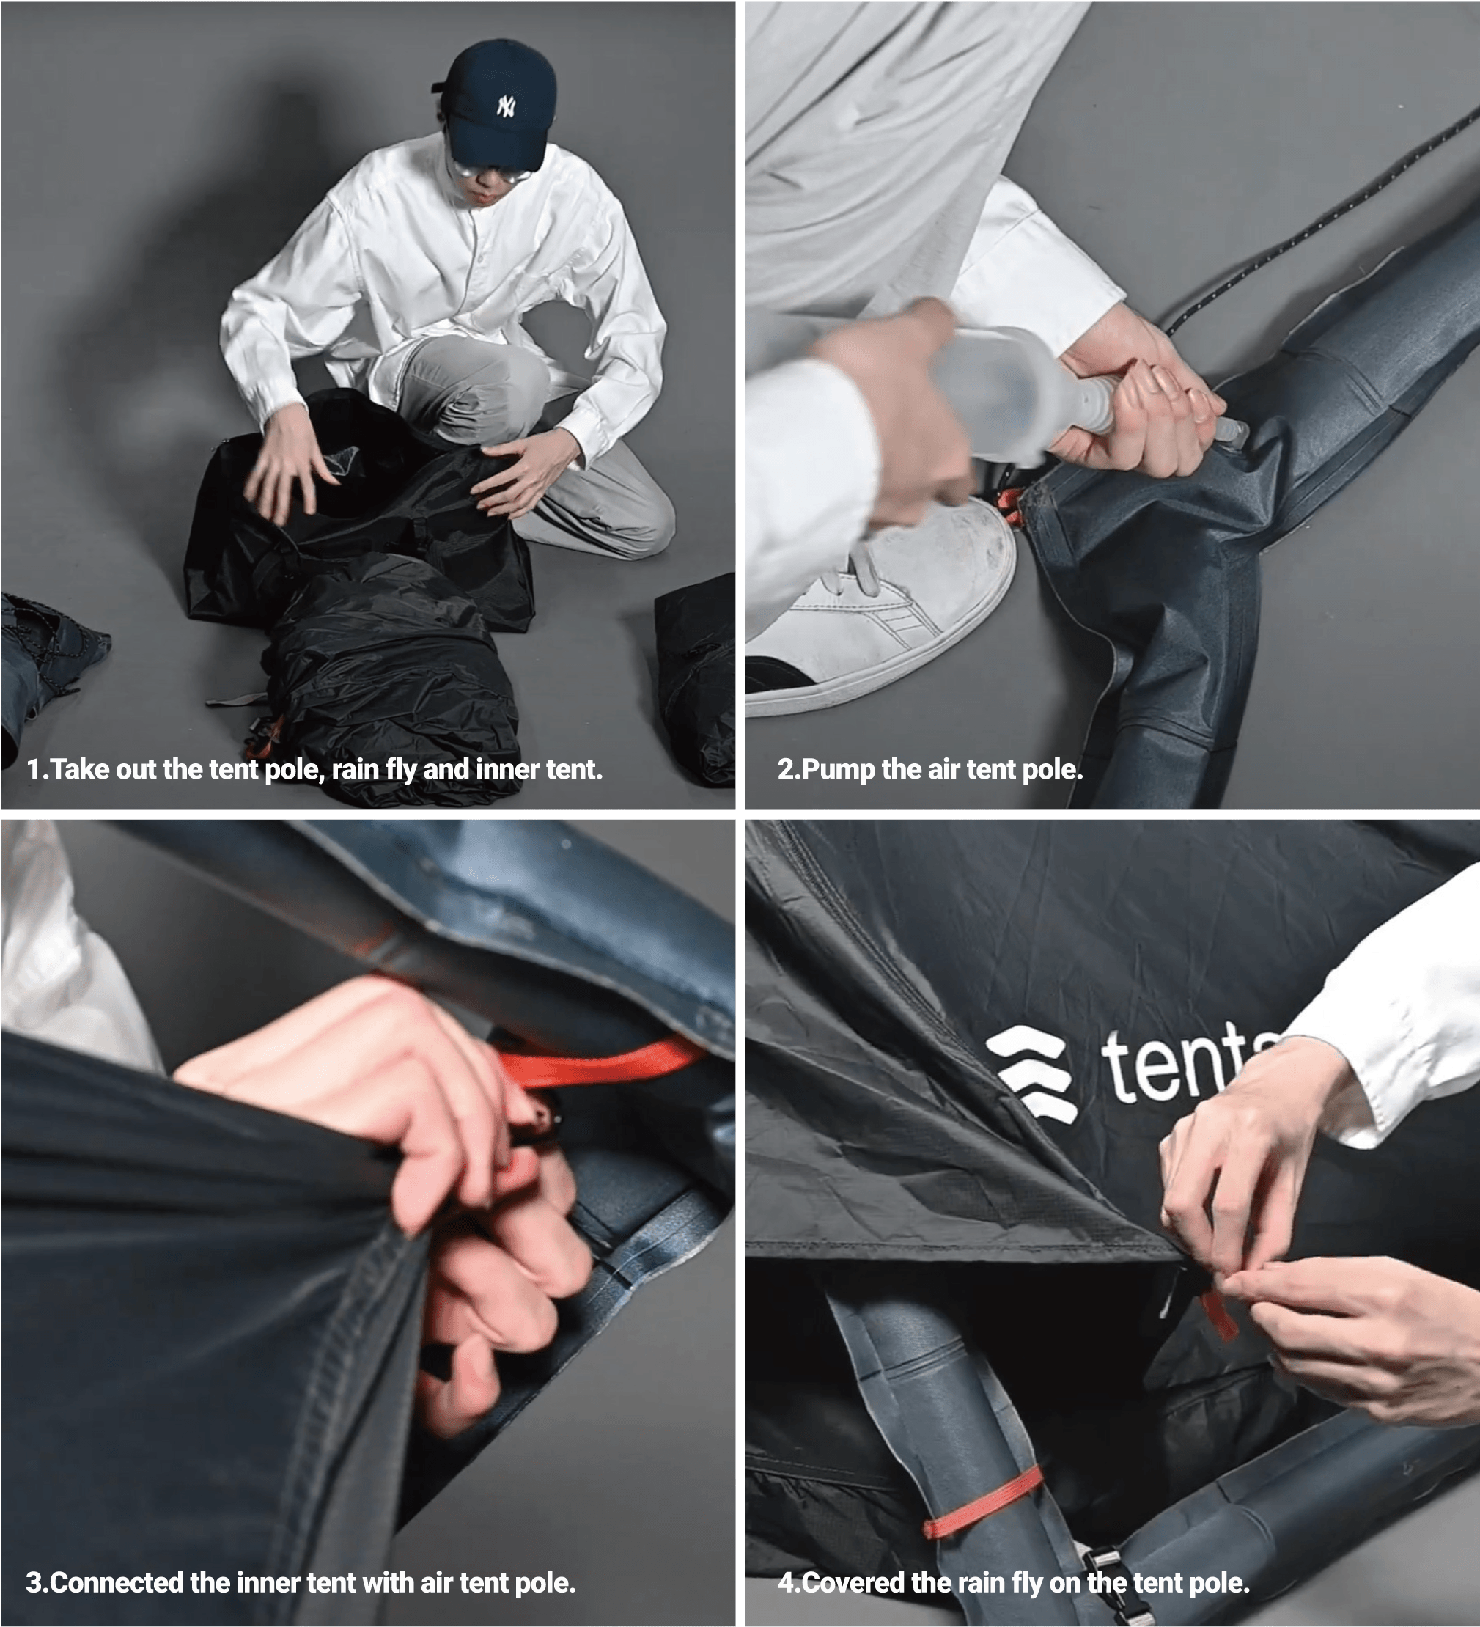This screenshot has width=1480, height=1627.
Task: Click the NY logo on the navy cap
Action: click(506, 106)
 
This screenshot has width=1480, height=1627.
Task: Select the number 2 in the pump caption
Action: click(784, 768)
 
